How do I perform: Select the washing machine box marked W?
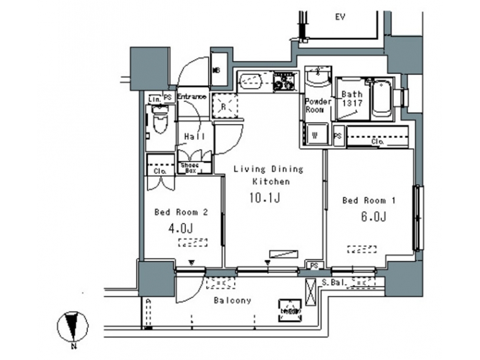click(315, 133)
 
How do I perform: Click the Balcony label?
click(233, 300)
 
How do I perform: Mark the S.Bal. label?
click(333, 283)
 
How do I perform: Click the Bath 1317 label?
click(351, 99)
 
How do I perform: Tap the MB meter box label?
click(217, 69)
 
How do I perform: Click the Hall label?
click(194, 137)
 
